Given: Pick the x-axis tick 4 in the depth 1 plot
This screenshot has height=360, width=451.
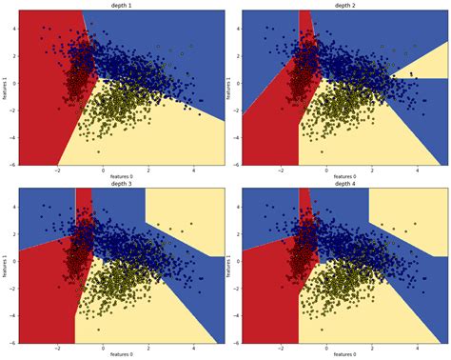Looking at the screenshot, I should tap(194, 169).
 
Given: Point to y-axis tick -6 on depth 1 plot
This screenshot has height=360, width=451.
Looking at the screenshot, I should tap(11, 164).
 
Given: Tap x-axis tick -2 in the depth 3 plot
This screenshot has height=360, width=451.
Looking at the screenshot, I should tap(58, 347).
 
